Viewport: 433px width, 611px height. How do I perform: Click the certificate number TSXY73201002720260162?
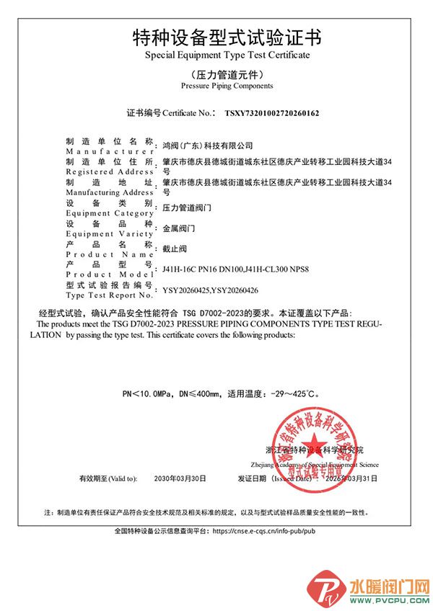(x=272, y=113)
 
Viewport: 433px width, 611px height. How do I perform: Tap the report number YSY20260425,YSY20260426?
(x=211, y=290)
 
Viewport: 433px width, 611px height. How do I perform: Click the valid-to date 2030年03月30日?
(x=180, y=478)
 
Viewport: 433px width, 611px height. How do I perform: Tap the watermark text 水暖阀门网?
(x=389, y=584)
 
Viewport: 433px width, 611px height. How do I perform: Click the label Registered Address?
(x=109, y=172)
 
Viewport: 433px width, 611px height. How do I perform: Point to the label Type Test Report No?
(x=109, y=295)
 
